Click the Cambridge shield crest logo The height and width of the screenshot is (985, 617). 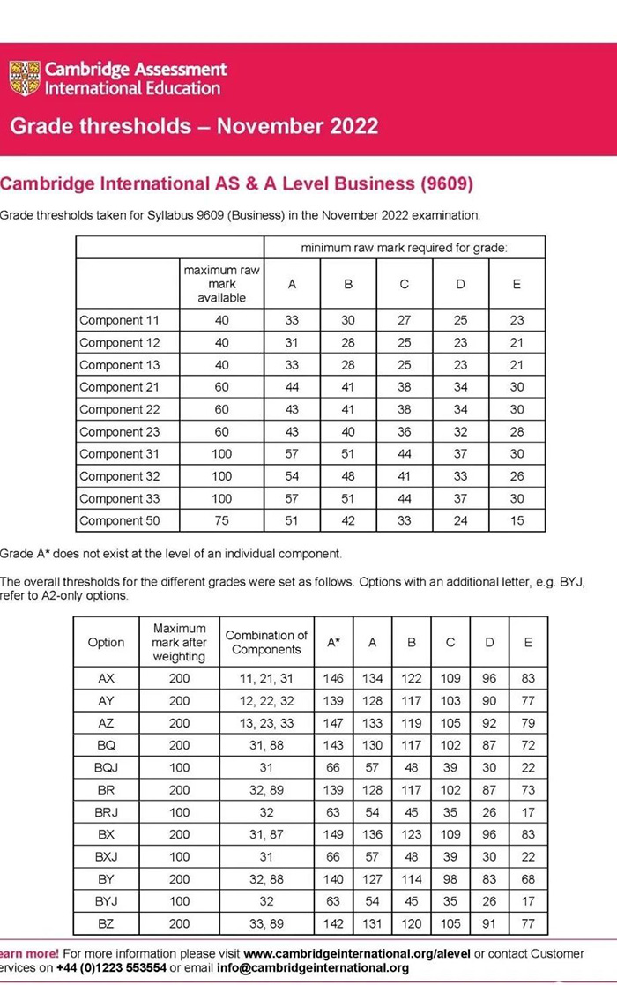point(25,78)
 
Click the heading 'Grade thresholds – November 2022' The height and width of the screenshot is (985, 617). point(194,125)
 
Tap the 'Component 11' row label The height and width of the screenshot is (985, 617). point(119,320)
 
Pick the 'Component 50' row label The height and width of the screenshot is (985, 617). point(119,520)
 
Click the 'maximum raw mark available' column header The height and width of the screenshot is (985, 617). point(221,284)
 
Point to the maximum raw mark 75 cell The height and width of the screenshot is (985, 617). point(221,520)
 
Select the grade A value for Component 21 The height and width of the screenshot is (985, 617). point(292,387)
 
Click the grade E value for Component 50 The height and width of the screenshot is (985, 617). point(517,520)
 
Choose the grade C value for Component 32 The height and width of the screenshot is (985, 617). point(405,476)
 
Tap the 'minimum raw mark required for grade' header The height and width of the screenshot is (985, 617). point(404,248)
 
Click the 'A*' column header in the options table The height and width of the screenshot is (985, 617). point(333,643)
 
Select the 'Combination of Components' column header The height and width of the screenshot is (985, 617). point(266,642)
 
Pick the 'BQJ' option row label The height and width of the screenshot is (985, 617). point(106,768)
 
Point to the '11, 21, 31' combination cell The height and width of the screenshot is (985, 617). point(266,679)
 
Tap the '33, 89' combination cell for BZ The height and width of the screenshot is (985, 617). point(266,924)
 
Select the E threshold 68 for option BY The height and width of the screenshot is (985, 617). point(528,879)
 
